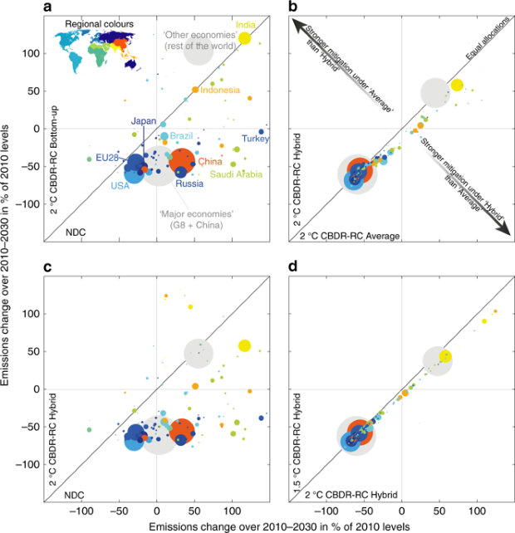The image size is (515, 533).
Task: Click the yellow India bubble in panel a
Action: pos(244,38)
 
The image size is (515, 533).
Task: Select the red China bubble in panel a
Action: pos(182,161)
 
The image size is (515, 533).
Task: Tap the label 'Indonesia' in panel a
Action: pos(220,90)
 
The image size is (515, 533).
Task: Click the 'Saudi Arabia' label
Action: pos(236,174)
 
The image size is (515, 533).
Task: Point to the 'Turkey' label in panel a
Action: pos(256,139)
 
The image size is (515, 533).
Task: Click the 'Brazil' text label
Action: pos(181,136)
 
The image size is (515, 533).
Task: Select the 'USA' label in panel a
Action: pos(120,186)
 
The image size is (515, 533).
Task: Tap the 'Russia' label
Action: pos(189,184)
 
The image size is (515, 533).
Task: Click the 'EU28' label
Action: pos(107,158)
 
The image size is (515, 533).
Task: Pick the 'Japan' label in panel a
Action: pos(144,121)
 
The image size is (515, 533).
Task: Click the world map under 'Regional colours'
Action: pos(98,51)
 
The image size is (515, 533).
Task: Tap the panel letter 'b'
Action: pos(293,6)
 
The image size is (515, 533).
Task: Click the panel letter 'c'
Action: pos(47,267)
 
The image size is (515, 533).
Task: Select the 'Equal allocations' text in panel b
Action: pos(488,38)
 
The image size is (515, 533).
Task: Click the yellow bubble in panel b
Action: pos(457,85)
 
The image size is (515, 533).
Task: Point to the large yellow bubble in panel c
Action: pos(244,346)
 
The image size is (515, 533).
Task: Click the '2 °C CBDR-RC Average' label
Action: pos(350,236)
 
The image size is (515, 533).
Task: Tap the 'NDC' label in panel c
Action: pos(75,495)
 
